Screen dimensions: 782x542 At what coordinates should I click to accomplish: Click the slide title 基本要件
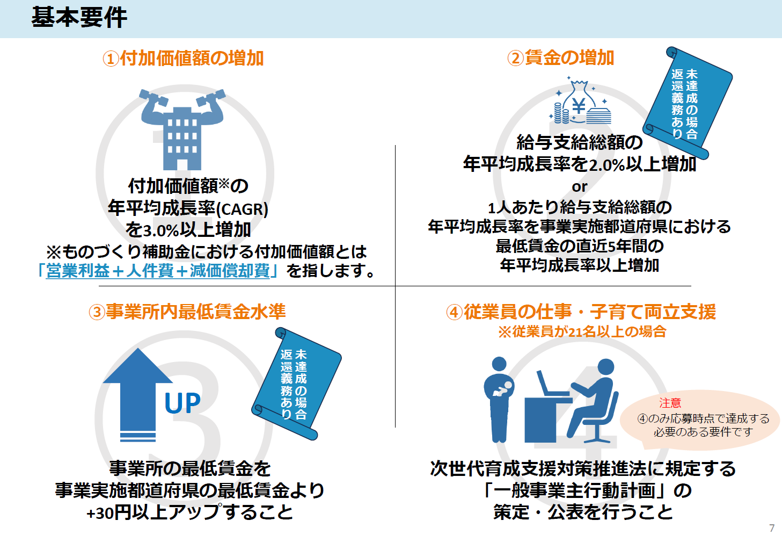pos(79,18)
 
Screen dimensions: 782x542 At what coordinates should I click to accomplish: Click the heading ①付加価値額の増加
pos(183,58)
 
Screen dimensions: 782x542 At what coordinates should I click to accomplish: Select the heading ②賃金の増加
pos(561,57)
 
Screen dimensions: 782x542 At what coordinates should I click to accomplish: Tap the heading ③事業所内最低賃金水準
pos(187,312)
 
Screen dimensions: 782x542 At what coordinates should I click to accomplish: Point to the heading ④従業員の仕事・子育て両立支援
pos(581,312)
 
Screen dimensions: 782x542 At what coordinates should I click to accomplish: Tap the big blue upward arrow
pos(138,395)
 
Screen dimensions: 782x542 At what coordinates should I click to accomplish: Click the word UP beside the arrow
pos(182,402)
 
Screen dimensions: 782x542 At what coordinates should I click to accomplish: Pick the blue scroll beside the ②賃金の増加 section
pos(688,103)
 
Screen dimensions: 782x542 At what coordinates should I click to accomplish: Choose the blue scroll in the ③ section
pos(296,384)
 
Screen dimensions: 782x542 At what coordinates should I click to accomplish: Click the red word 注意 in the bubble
pos(670,403)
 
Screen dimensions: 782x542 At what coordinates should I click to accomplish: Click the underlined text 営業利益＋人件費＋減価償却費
pos(158,271)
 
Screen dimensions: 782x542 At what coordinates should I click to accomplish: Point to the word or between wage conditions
pos(580,187)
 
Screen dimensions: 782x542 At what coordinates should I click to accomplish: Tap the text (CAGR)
pos(242,209)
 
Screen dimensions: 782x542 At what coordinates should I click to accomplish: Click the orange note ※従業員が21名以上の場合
pos(582,331)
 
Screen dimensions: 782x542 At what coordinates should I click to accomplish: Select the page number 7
pos(772,527)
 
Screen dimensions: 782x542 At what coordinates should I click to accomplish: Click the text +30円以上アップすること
pos(189,512)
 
